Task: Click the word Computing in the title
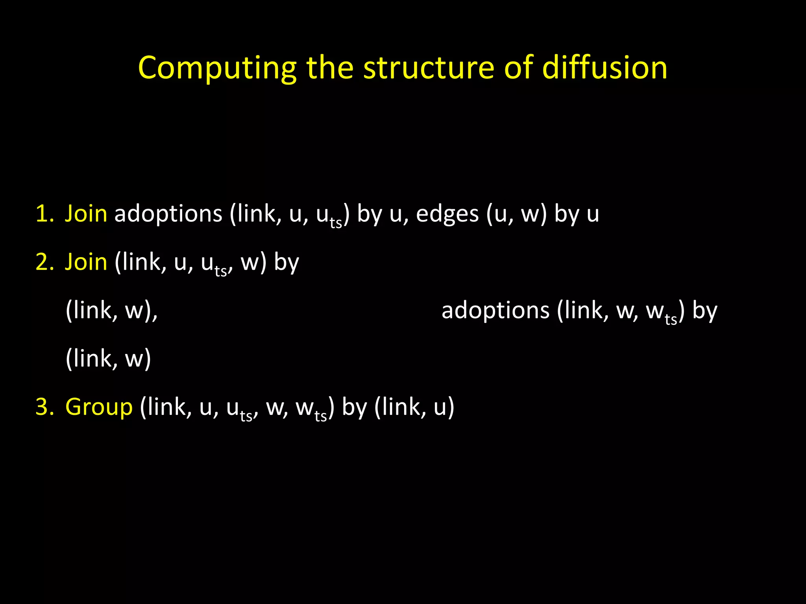click(217, 68)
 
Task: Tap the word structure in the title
click(428, 68)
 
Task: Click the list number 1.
click(44, 214)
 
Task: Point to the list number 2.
click(44, 262)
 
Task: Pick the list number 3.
click(44, 407)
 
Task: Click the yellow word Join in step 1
click(86, 214)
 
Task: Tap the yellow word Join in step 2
click(86, 262)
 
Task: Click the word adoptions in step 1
click(168, 214)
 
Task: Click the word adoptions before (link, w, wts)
click(495, 311)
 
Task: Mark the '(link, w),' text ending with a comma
click(112, 311)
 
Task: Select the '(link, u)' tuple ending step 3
click(414, 407)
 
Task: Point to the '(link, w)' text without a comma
click(108, 359)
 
